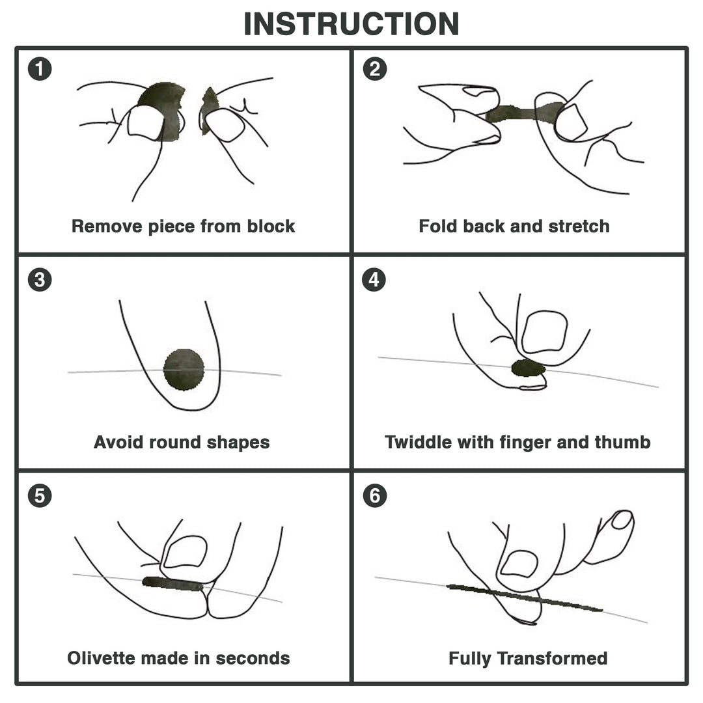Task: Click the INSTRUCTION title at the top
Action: (351, 23)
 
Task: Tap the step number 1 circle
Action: (40, 68)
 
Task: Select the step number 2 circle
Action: (374, 68)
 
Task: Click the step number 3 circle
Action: (40, 280)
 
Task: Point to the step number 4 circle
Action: (374, 280)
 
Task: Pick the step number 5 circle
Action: (40, 496)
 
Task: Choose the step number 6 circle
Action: (374, 496)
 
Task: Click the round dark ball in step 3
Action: (184, 370)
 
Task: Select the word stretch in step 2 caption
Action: (579, 227)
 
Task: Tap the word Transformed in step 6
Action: (552, 658)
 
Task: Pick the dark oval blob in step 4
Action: (528, 368)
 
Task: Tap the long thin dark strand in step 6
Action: (525, 598)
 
